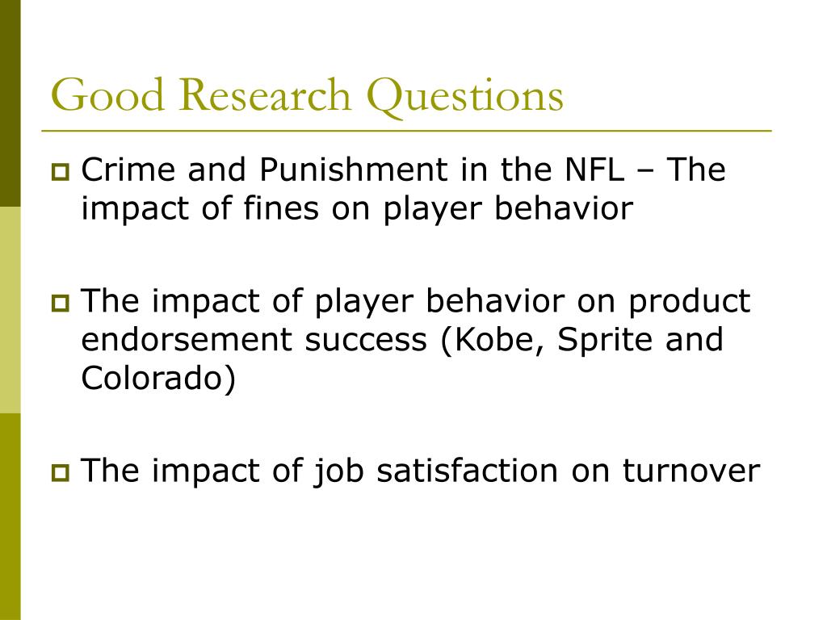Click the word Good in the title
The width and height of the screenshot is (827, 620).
[x=107, y=94]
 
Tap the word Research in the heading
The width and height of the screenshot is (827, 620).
[x=265, y=94]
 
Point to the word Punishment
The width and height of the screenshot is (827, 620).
[x=354, y=170]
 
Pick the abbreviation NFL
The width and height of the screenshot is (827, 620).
[x=595, y=170]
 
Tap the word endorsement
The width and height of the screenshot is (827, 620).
[x=187, y=340]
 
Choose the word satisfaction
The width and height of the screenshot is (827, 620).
[x=468, y=471]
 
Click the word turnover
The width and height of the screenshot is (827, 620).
[x=691, y=471]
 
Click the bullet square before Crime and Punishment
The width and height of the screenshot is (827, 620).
[x=60, y=172]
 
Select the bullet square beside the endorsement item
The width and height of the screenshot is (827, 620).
[x=60, y=304]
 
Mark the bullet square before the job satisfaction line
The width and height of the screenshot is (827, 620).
[x=60, y=472]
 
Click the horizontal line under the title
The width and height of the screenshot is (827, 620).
[x=407, y=130]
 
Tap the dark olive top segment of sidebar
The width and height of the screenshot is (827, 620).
[x=10, y=103]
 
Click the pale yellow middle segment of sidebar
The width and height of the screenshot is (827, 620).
[x=10, y=310]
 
